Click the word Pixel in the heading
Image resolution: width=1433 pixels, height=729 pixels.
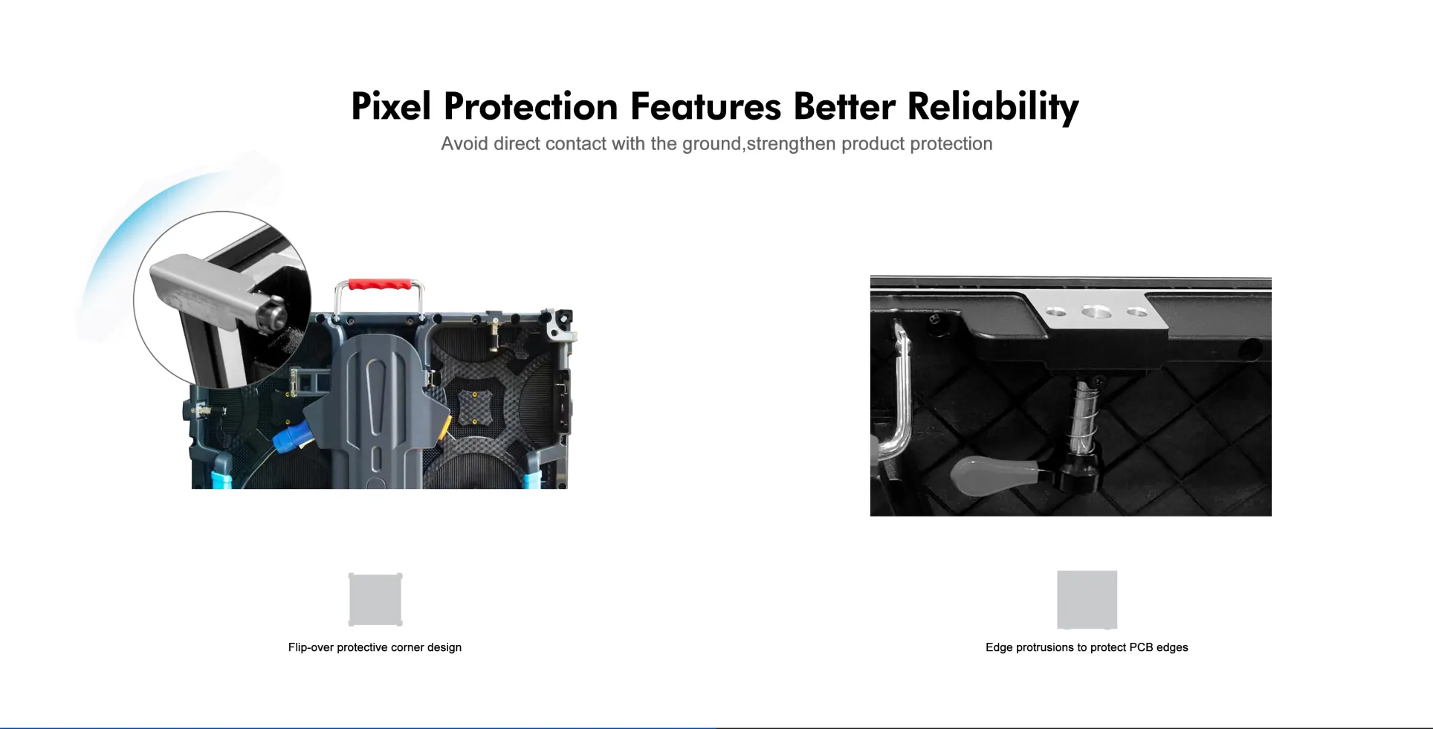(x=391, y=106)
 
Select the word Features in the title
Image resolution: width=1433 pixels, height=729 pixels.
(x=705, y=106)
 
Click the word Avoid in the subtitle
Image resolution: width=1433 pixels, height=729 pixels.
(x=465, y=143)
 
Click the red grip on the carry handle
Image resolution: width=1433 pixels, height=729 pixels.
(x=380, y=285)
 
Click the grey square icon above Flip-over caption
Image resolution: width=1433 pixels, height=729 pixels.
(x=375, y=600)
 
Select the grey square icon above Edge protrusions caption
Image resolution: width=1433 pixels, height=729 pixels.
(x=1087, y=600)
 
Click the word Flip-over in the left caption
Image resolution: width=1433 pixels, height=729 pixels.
(x=311, y=647)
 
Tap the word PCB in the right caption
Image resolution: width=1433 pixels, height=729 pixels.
(x=1141, y=647)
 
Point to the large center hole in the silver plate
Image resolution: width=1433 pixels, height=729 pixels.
(x=1096, y=312)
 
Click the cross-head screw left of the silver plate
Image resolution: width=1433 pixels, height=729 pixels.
(x=935, y=319)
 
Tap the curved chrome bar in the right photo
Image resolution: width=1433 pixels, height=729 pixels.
(x=896, y=401)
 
